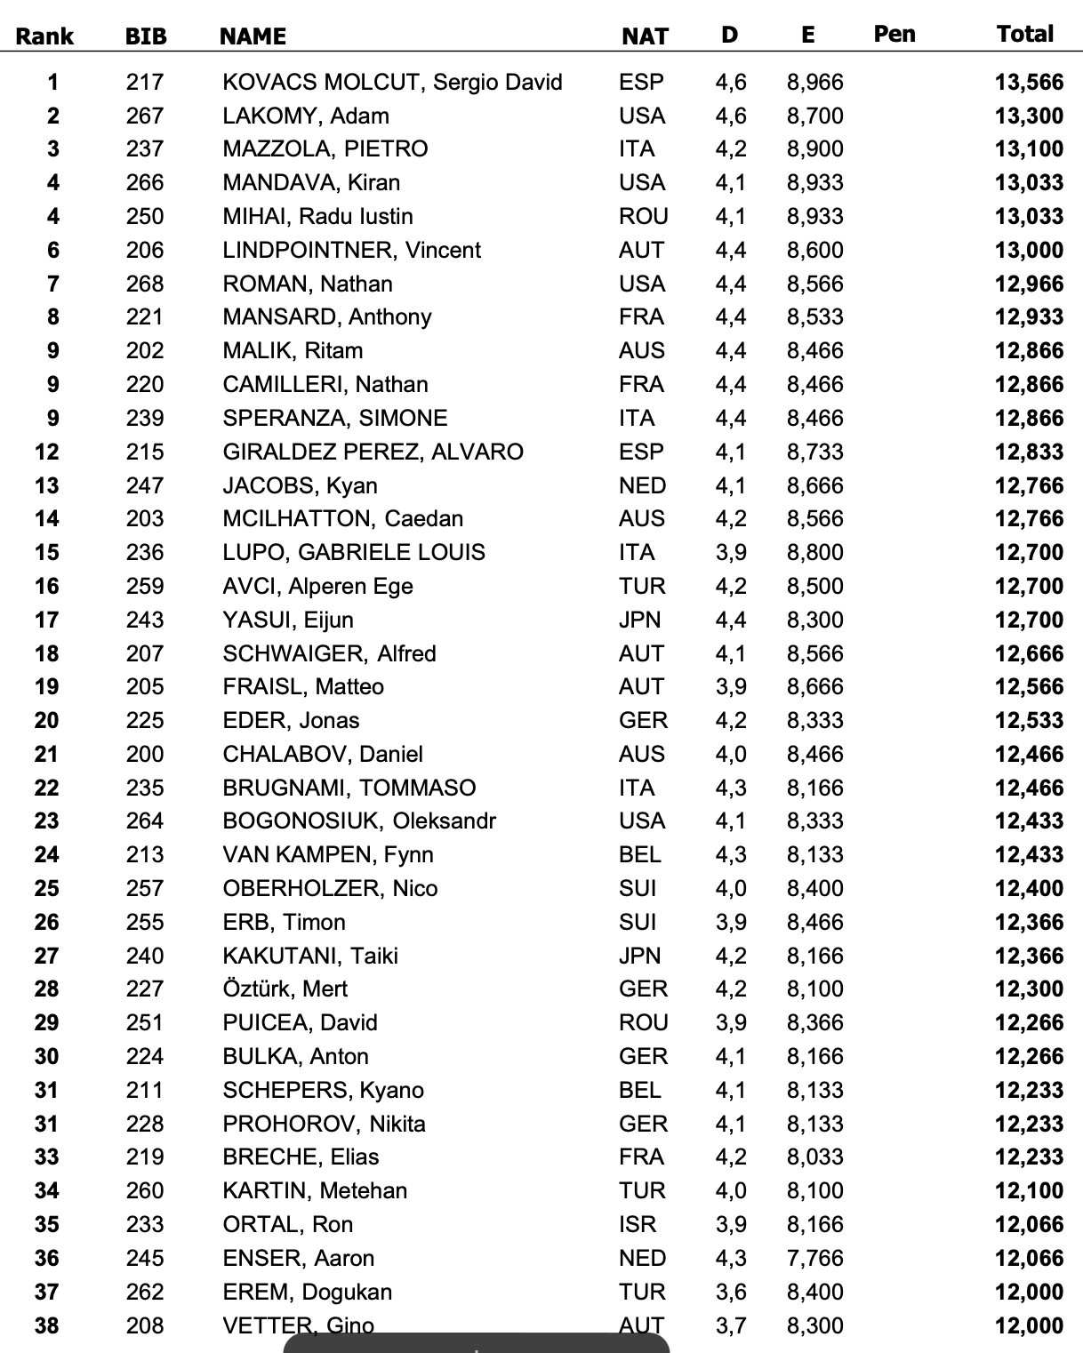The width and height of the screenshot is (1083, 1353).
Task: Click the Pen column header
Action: [894, 34]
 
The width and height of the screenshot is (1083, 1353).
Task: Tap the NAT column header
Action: [645, 36]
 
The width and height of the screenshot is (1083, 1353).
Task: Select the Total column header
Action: [1024, 34]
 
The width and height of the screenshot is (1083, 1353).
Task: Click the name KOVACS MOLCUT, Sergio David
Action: [392, 82]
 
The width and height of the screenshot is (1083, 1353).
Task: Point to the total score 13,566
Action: [1029, 82]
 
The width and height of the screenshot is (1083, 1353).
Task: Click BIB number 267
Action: [145, 116]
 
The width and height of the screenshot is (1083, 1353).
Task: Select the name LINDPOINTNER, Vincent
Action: [351, 250]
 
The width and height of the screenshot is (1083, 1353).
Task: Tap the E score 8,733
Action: [814, 452]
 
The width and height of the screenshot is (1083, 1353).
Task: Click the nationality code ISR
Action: [638, 1224]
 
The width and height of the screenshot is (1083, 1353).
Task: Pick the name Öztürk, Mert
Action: [285, 989]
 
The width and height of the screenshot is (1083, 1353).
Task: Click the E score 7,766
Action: [814, 1258]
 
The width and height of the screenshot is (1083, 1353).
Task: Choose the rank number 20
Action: [46, 720]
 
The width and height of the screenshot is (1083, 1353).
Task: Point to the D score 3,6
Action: [730, 1292]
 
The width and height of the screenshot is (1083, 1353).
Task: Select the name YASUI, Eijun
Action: [288, 620]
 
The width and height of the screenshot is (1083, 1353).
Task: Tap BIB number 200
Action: [145, 754]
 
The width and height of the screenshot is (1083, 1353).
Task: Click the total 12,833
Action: [1029, 452]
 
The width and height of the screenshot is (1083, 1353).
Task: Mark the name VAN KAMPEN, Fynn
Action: [328, 854]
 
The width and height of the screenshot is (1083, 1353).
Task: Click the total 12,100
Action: [1029, 1190]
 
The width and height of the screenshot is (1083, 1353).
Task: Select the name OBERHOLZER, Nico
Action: [330, 888]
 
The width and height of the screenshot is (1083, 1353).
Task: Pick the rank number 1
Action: [53, 82]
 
